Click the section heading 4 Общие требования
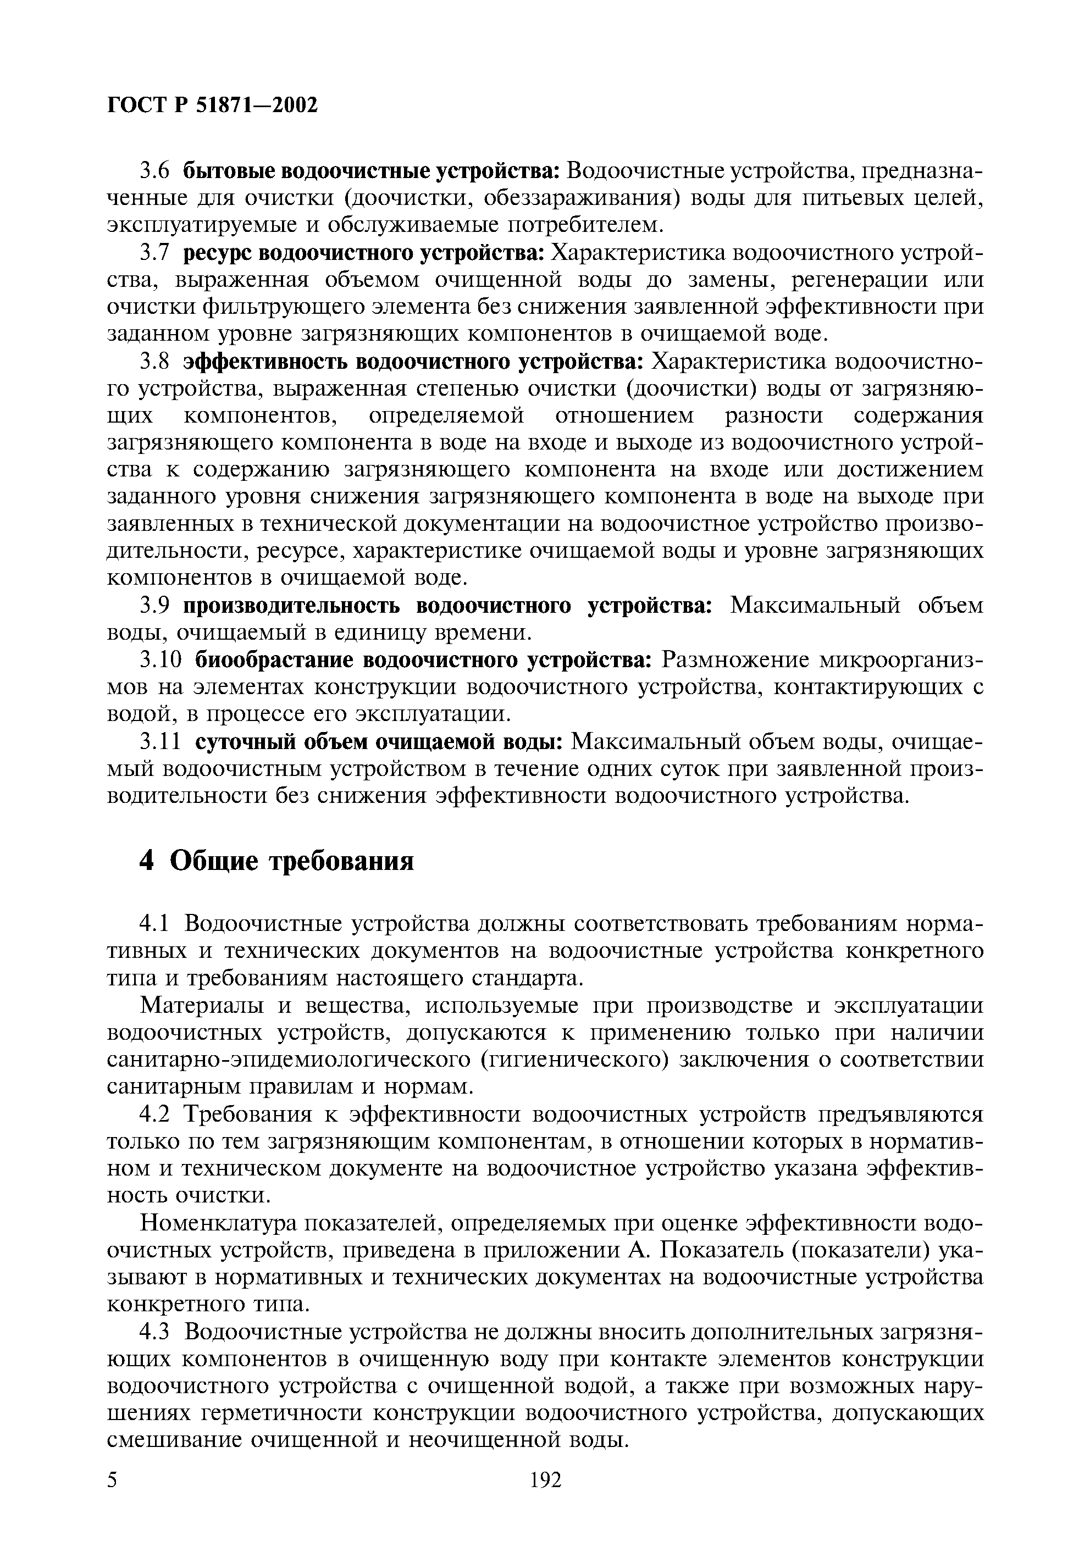pos(276,861)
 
